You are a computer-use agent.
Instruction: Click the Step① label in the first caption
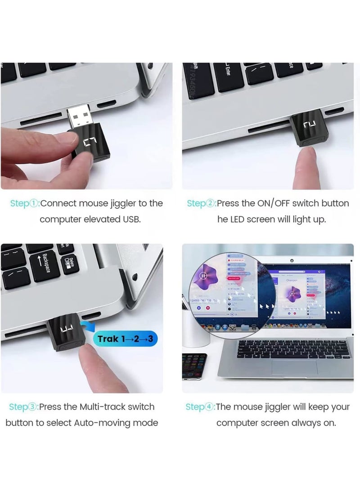point(25,203)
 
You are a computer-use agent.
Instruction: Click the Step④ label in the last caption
point(200,407)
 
